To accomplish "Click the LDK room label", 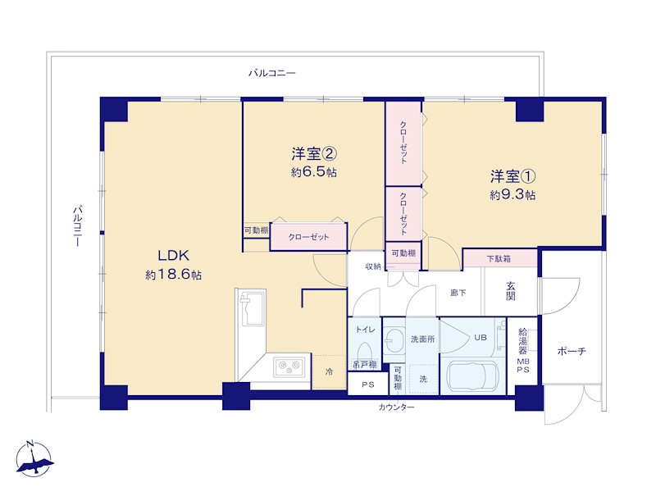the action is (174, 255).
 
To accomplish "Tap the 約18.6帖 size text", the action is (174, 275).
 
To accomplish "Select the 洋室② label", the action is (314, 154).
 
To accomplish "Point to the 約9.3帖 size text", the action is (513, 195).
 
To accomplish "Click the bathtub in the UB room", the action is (472, 375).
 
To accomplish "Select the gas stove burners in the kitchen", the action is (289, 367).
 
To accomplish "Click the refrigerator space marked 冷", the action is (329, 371).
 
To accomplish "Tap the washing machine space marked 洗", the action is (423, 379).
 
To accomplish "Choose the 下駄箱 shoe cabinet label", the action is (499, 259).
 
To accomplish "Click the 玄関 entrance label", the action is (510, 292).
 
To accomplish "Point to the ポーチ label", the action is (572, 351).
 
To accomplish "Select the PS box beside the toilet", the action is (368, 385).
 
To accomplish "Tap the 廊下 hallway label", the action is (458, 293).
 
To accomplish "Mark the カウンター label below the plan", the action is (396, 407).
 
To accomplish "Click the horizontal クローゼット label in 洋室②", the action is (309, 237).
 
